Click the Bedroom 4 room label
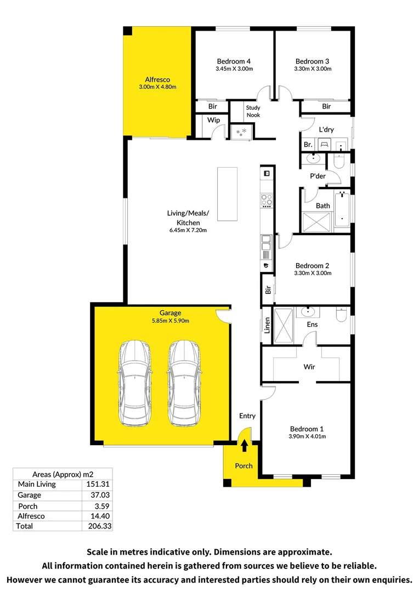(234, 61)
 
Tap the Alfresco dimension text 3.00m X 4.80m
(157, 87)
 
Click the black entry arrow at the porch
(244, 446)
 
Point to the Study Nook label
(253, 111)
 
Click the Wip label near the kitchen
(213, 120)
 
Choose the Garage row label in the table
(29, 495)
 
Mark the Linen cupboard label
(267, 326)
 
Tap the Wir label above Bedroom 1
(309, 367)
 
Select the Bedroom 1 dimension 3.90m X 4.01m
(307, 437)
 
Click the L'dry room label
(326, 130)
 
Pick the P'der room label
(318, 176)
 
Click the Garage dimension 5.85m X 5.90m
(171, 321)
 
